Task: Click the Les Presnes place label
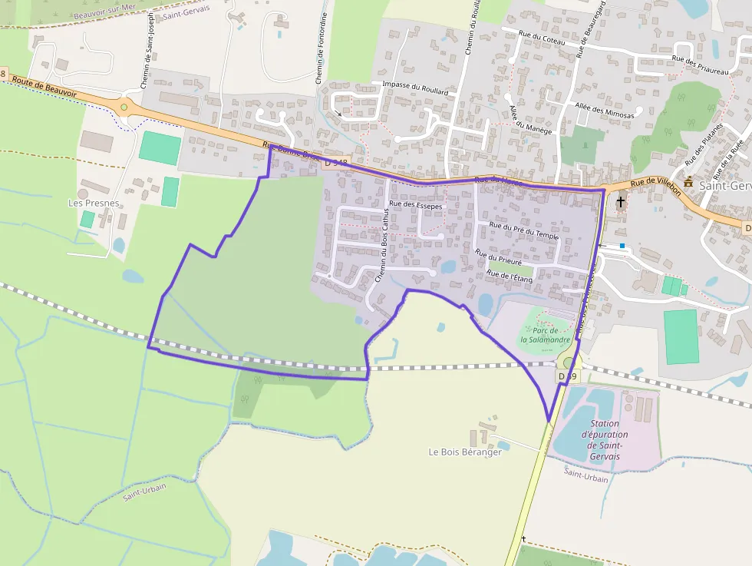[x=94, y=203]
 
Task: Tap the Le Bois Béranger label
[x=465, y=452]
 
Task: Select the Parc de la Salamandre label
[x=543, y=335]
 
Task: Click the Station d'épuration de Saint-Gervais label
[x=605, y=440]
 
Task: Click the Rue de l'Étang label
[x=510, y=276]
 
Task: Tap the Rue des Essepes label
[x=416, y=204]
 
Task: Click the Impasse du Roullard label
[x=414, y=87]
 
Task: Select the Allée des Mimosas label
[x=605, y=110]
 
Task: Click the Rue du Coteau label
[x=542, y=37]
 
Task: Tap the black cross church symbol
[x=620, y=201]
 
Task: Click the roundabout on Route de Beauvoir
[x=124, y=107]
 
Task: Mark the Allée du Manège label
[x=530, y=120]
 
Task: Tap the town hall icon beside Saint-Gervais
[x=688, y=183]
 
